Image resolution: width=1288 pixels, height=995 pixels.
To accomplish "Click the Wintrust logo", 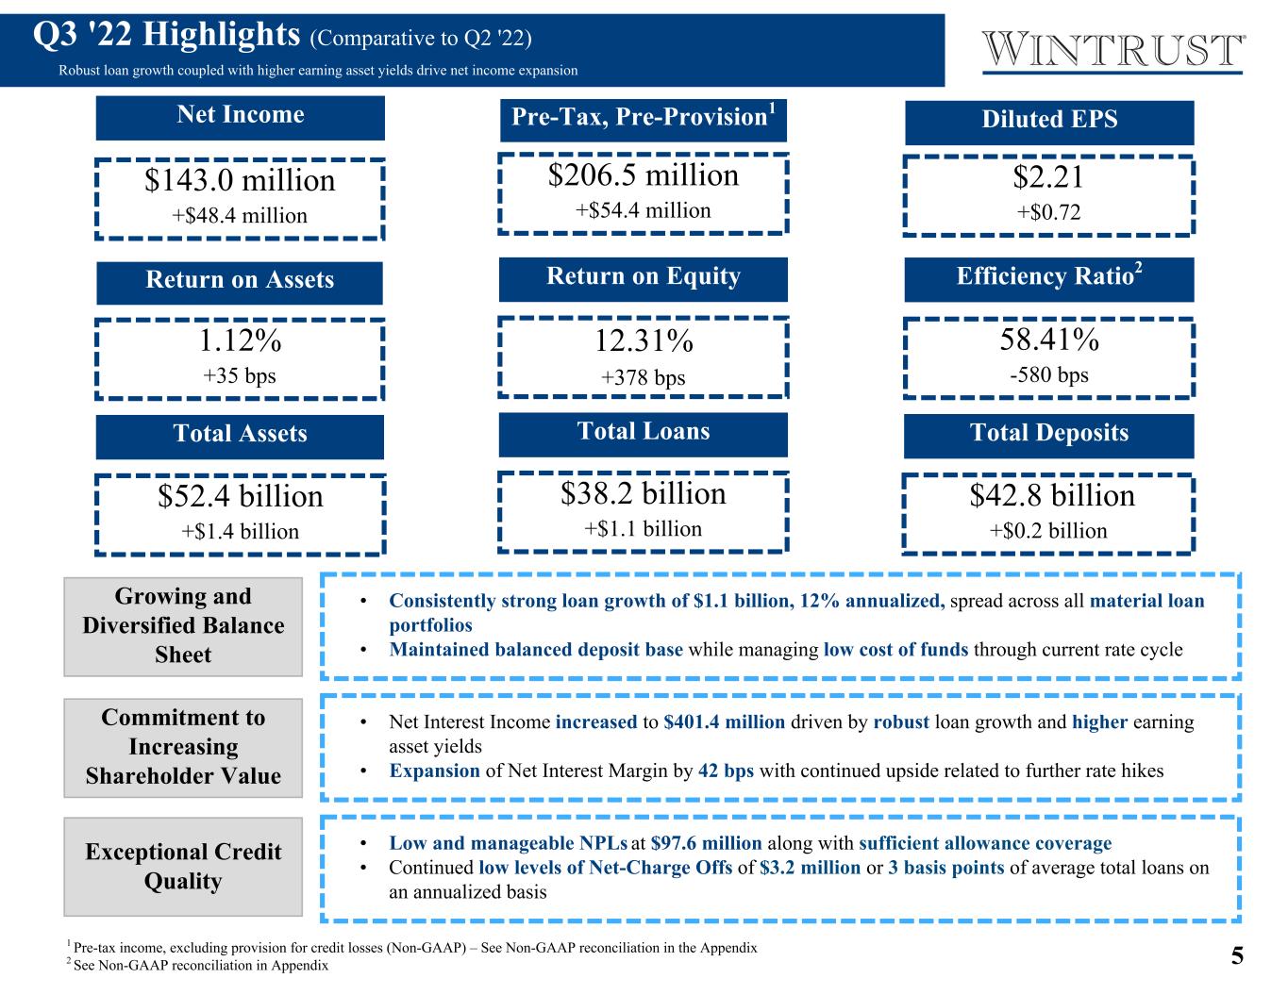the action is click(x=1112, y=51).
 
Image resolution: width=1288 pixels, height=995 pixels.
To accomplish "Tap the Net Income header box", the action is click(x=240, y=118).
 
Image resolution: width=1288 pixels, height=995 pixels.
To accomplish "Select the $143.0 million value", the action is click(x=240, y=180).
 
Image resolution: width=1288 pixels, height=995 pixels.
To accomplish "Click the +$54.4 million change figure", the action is click(x=644, y=210).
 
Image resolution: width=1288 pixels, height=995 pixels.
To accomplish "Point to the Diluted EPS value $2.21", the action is click(x=1048, y=176).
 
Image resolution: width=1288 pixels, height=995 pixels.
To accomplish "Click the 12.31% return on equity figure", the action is click(x=644, y=341).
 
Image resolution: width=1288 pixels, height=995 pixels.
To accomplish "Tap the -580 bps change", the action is click(x=1049, y=375).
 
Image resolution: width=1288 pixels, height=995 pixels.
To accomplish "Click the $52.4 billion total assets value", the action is click(x=240, y=496).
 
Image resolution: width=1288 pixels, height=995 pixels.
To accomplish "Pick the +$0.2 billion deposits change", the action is click(x=1048, y=531).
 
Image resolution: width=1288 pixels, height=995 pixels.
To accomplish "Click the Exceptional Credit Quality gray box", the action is click(x=183, y=867).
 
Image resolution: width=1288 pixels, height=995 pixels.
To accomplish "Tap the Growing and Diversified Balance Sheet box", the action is click(x=183, y=626).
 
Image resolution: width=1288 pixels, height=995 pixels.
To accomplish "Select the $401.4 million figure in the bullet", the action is click(x=725, y=722).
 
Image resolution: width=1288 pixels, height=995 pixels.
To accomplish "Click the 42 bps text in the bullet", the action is click(x=727, y=771).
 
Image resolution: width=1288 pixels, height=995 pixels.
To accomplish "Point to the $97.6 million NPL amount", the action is click(x=706, y=843).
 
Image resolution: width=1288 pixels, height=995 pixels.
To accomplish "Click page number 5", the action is click(x=1237, y=956).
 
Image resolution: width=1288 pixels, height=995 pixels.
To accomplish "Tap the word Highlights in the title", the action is click(x=222, y=34).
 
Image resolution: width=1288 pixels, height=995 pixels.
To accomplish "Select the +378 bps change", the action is click(x=644, y=377).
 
